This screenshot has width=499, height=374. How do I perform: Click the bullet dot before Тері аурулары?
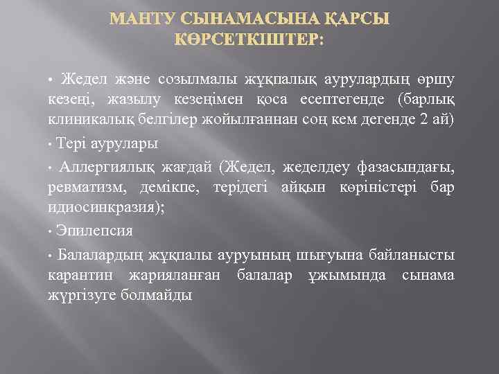(51, 144)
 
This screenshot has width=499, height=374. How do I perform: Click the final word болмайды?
(159, 295)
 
